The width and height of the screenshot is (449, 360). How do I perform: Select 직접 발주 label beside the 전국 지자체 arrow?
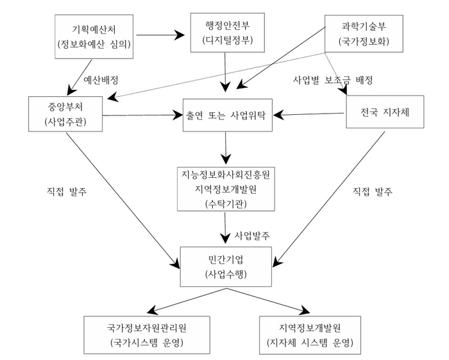tap(373, 191)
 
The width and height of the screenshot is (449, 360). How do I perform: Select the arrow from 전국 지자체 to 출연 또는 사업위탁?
tap(311, 115)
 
